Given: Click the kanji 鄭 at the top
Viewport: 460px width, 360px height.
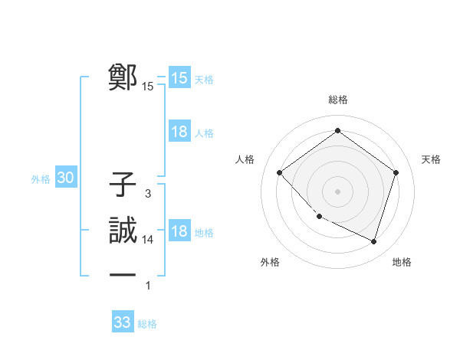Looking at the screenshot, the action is pyautogui.click(x=123, y=77).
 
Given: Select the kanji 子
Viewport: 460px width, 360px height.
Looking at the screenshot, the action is pyautogui.click(x=123, y=185).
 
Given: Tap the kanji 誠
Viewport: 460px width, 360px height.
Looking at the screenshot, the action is pyautogui.click(x=123, y=230).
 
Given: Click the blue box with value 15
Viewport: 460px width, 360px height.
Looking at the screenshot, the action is pyautogui.click(x=179, y=78).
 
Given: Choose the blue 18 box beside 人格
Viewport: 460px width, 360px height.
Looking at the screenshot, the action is pyautogui.click(x=179, y=132).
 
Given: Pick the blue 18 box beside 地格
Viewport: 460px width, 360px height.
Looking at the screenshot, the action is pyautogui.click(x=179, y=231).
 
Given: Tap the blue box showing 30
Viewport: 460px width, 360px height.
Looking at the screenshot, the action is pyautogui.click(x=66, y=178).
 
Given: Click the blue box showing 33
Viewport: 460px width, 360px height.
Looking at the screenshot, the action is pyautogui.click(x=123, y=322).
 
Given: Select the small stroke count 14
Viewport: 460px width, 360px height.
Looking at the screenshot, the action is pyautogui.click(x=149, y=240).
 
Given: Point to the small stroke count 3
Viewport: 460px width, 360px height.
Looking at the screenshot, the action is pyautogui.click(x=147, y=195).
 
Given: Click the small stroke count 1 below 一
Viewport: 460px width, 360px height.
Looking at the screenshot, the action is pyautogui.click(x=148, y=286).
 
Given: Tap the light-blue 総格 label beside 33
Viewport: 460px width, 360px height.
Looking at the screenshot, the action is pyautogui.click(x=147, y=324).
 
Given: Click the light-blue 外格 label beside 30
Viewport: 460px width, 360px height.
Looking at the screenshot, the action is pyautogui.click(x=41, y=180).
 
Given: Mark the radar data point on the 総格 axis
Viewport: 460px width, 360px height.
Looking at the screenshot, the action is pyautogui.click(x=337, y=130).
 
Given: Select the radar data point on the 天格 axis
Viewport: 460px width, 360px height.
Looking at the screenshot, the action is pyautogui.click(x=396, y=172).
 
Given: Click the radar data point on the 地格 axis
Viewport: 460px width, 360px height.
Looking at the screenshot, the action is pyautogui.click(x=373, y=241).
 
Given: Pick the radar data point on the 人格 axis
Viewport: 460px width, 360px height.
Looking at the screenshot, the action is pyautogui.click(x=280, y=172).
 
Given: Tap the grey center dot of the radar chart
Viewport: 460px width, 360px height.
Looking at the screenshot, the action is pyautogui.click(x=337, y=191).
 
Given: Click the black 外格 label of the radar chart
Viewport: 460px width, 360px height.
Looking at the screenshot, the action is pyautogui.click(x=270, y=262).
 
